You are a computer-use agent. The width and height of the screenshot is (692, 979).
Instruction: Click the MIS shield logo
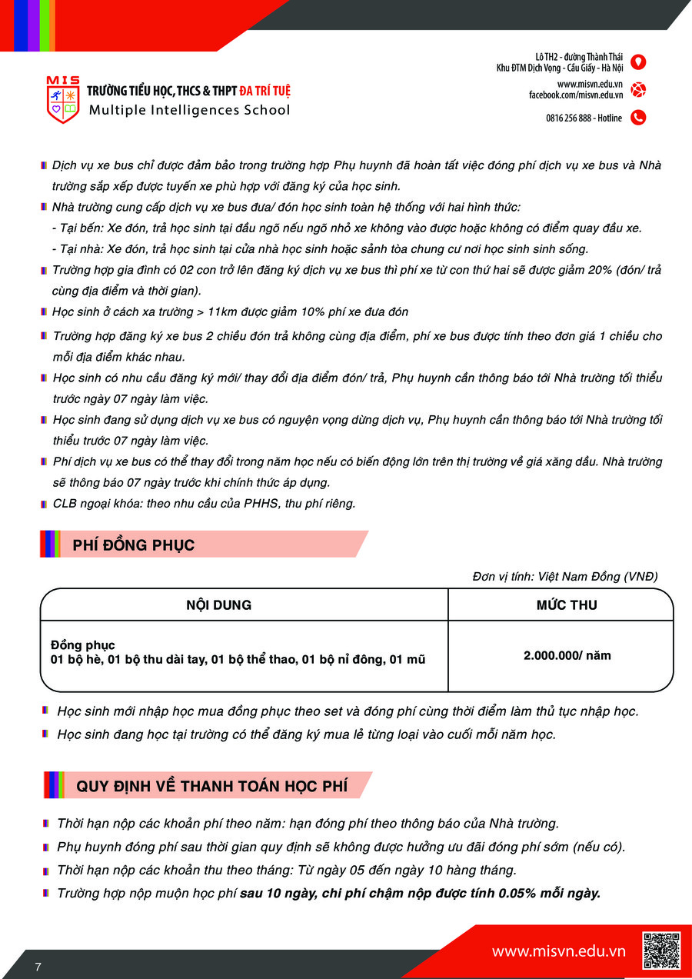point(62,99)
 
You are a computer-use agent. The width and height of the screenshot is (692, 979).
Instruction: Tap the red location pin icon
point(637,62)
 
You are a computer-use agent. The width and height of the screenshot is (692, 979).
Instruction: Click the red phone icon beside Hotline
point(637,118)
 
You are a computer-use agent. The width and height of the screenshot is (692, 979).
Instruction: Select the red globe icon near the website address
point(637,89)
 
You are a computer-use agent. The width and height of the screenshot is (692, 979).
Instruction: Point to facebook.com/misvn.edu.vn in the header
point(576,95)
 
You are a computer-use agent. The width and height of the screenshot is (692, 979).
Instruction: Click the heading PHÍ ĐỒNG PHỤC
point(134,545)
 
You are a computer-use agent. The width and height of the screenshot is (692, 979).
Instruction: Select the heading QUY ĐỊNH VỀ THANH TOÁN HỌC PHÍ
point(211,787)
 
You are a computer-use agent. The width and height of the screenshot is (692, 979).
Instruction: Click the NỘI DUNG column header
point(218,605)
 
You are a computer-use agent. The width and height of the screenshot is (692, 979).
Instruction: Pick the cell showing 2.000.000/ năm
point(567,656)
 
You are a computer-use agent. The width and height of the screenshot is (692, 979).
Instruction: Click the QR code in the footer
point(660,951)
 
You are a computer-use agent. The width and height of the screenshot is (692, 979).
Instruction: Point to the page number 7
point(38,967)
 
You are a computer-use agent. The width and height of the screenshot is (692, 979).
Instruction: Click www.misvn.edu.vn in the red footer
point(559,951)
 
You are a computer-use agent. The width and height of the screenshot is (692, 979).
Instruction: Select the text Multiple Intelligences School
point(190,110)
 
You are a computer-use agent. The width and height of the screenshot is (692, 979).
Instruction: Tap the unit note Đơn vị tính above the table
point(565,577)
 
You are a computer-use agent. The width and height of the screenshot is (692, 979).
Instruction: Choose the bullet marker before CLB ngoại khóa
point(44,504)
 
